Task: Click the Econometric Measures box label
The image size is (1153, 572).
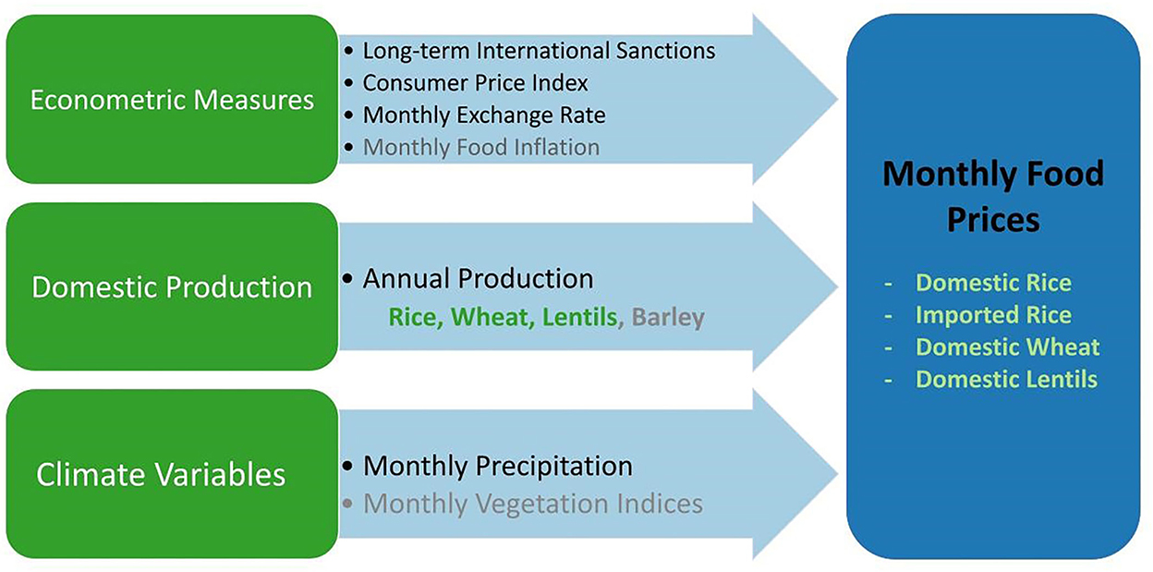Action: (172, 100)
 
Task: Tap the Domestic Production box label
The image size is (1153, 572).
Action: (172, 286)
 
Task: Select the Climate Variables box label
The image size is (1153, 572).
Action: (161, 474)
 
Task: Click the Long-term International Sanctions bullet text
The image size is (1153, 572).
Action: (539, 51)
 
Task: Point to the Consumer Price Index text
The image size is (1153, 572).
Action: (475, 83)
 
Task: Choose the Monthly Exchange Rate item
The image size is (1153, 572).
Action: (484, 116)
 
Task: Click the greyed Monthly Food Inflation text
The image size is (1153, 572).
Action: (481, 147)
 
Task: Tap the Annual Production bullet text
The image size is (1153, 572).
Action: (479, 278)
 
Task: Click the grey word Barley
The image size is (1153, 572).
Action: (668, 317)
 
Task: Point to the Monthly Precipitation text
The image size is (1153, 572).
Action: (498, 467)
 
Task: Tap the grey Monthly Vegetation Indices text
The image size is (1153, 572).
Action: (533, 504)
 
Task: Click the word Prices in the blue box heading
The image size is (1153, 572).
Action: (993, 220)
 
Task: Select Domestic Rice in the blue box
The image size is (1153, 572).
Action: (993, 283)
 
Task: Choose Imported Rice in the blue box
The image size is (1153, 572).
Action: (993, 315)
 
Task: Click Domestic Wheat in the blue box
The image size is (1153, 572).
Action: (1007, 347)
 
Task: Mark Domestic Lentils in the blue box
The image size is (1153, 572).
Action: (1006, 380)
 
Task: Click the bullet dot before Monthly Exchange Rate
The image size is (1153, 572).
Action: (349, 115)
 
